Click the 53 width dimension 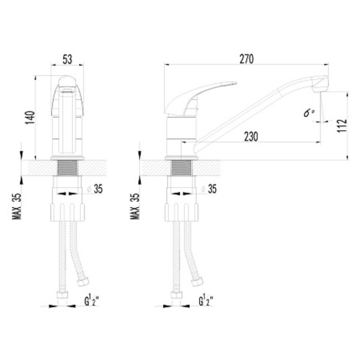click(x=67, y=59)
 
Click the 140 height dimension click(x=30, y=118)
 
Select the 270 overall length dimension click(x=247, y=59)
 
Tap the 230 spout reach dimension click(x=251, y=136)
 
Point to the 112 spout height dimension click(x=342, y=125)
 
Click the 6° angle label click(x=309, y=113)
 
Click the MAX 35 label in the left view click(x=17, y=206)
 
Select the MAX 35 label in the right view click(x=135, y=206)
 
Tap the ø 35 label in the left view click(x=95, y=189)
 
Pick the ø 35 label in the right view click(x=209, y=189)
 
